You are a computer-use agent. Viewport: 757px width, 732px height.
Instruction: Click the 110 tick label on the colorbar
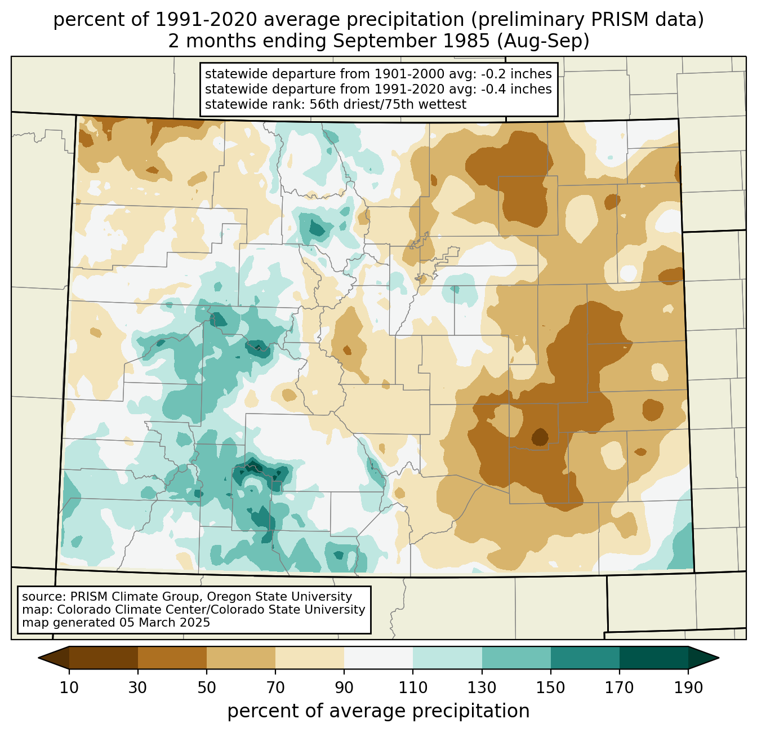[x=413, y=688]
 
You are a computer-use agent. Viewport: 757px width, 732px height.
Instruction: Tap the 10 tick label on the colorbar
[x=69, y=688]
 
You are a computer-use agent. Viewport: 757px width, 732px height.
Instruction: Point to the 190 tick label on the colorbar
[x=688, y=688]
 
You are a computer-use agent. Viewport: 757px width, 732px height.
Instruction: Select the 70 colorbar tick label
[x=275, y=688]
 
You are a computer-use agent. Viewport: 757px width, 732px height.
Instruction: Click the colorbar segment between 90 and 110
[x=379, y=658]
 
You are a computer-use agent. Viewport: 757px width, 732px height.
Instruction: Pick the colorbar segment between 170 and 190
[x=654, y=658]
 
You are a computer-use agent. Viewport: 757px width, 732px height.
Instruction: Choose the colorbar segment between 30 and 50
[x=172, y=658]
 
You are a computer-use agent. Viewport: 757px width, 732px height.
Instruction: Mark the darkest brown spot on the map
[x=540, y=437]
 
